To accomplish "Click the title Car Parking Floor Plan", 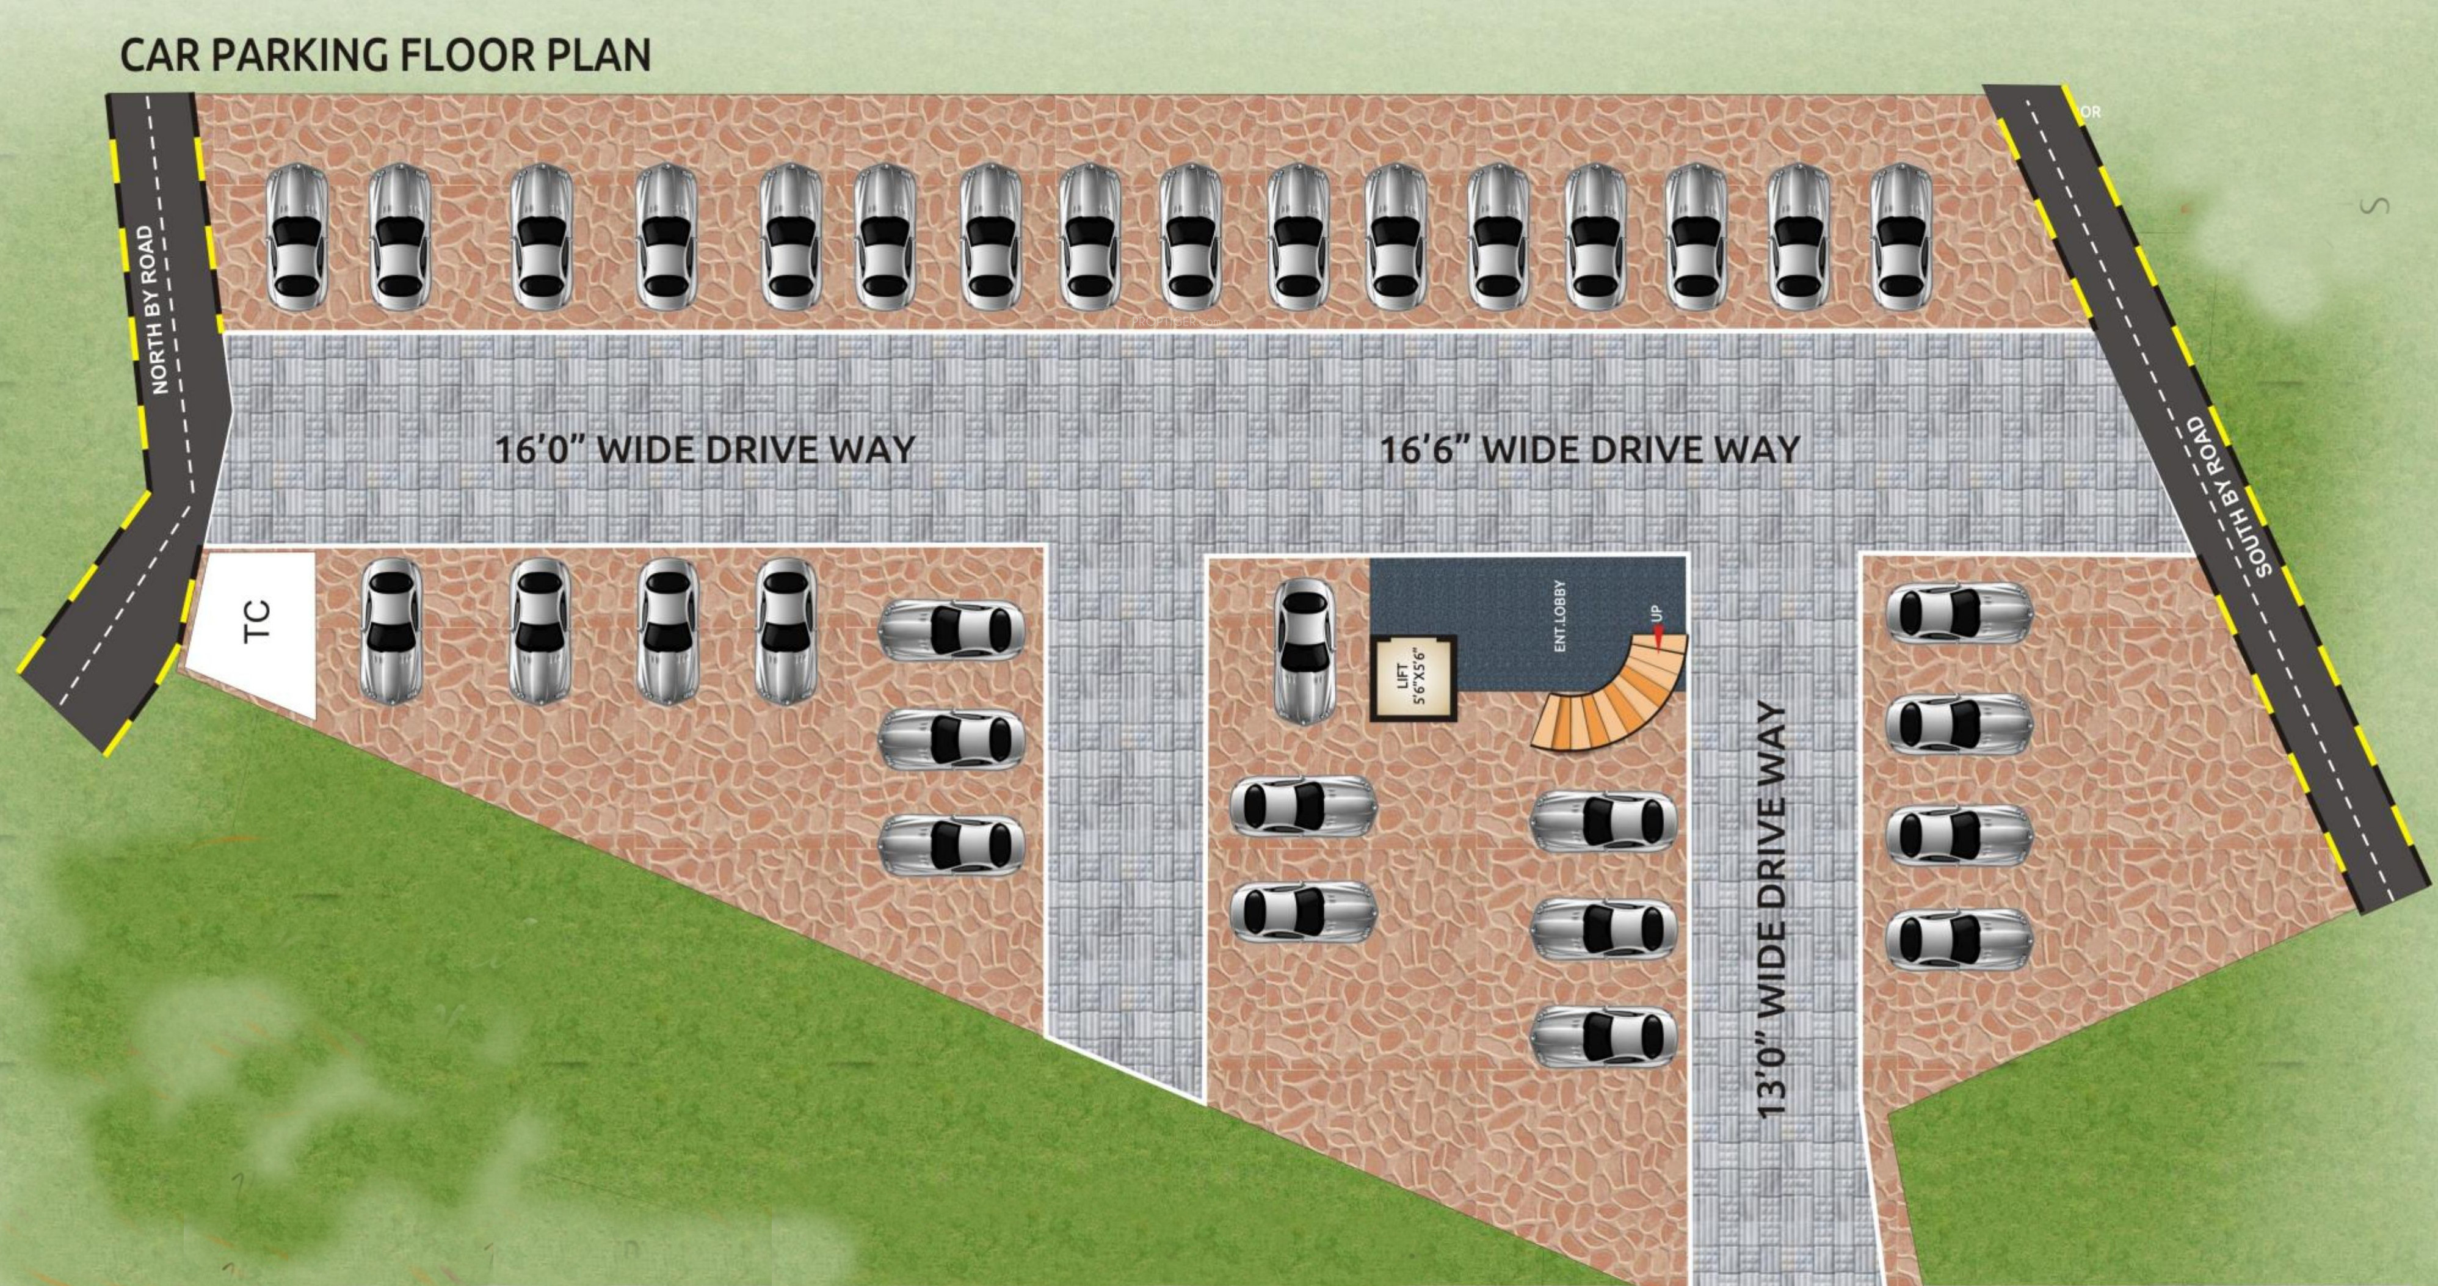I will (385, 55).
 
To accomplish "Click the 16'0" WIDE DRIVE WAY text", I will (705, 449).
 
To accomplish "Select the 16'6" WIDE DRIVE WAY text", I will (1590, 449).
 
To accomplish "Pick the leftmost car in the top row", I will (296, 236).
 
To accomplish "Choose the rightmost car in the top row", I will (1901, 236).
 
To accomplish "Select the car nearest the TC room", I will (391, 630).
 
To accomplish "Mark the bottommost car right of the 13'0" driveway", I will (1958, 939).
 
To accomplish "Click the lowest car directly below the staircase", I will (1603, 1036).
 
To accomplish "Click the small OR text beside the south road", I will (2091, 112).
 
